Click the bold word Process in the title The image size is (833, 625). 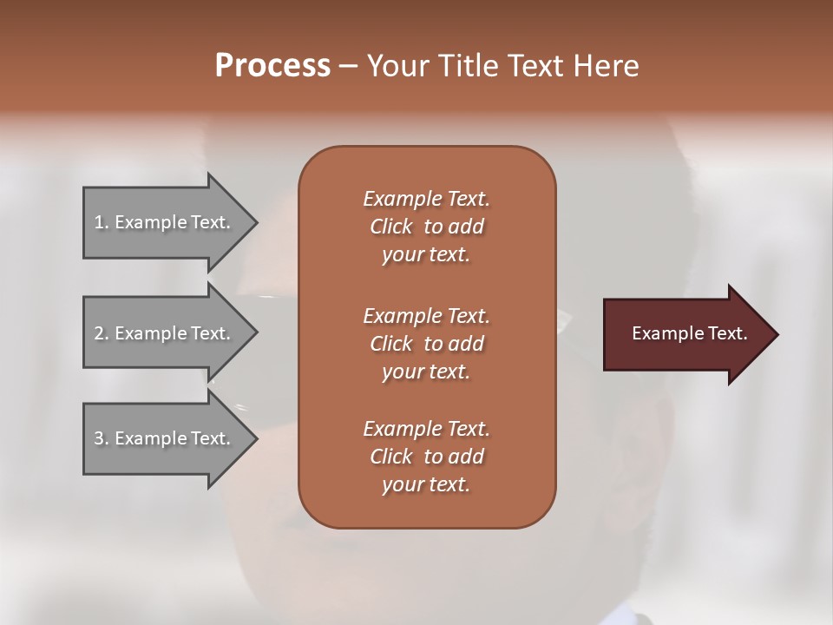(272, 66)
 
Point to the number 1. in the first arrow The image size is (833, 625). (101, 222)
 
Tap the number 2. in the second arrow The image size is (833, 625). (101, 333)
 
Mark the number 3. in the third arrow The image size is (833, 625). (101, 438)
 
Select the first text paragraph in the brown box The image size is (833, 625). (426, 227)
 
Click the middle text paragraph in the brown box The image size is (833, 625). (426, 344)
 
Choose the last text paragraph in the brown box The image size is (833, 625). (426, 457)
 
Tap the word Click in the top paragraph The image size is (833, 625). (391, 227)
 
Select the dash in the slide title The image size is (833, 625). (348, 66)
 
